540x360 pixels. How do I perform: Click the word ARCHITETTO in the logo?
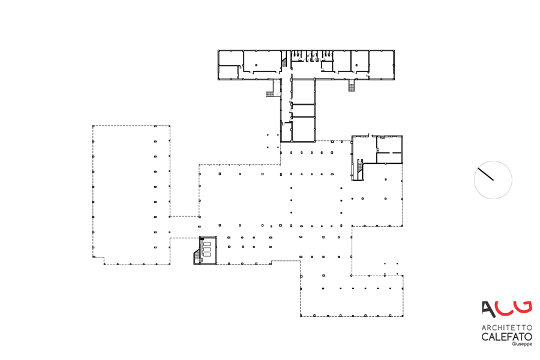tap(506, 328)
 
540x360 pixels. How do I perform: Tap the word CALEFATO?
tap(506, 337)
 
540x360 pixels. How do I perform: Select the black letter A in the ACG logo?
tap(489, 308)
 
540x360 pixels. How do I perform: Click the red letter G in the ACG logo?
tap(523, 306)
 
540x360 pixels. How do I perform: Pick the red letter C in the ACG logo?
tap(505, 307)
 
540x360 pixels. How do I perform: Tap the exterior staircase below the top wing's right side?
tap(352, 86)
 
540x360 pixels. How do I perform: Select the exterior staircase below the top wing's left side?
tap(270, 93)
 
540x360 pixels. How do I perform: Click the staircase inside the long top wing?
tap(284, 62)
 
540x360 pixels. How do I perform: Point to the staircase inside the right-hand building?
tap(359, 169)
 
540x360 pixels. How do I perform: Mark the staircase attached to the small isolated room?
tap(196, 257)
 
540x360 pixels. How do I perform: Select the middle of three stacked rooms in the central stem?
tap(304, 110)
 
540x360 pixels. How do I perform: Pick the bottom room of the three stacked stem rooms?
tap(304, 128)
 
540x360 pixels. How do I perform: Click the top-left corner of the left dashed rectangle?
tap(93, 126)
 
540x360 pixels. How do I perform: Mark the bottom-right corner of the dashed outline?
tap(403, 316)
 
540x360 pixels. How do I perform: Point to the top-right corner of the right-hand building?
tap(402, 136)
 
